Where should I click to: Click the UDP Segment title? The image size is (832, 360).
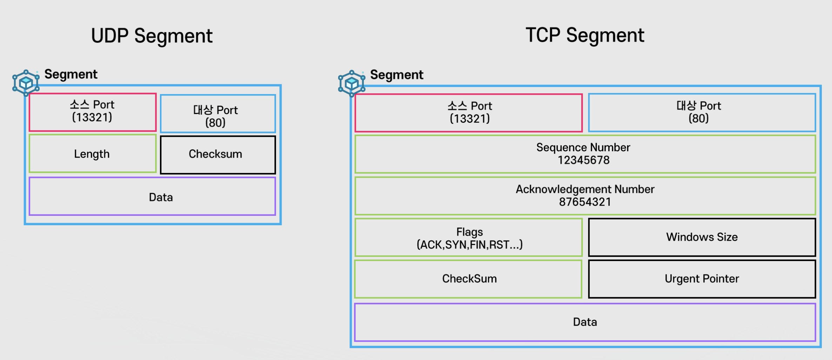pos(152,36)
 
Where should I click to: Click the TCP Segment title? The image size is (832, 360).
pos(585,35)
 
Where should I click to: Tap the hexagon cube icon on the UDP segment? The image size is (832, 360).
pos(26,83)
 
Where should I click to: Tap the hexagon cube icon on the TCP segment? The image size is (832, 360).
pos(351,84)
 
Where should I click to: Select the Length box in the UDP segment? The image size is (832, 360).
pos(93,154)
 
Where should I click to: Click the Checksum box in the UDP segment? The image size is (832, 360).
pos(218,155)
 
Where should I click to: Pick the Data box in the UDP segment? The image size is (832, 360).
pos(152,196)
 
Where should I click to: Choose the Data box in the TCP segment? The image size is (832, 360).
pos(585,322)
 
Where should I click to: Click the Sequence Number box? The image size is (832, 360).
pos(585,154)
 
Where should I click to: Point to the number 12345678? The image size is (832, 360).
pos(584,160)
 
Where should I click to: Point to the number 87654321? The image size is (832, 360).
pos(585,202)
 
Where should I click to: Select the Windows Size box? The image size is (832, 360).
pos(702,238)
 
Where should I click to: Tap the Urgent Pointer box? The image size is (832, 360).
pos(702,279)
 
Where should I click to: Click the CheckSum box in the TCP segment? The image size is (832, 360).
pos(468,279)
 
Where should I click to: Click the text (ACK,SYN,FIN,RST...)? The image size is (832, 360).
pos(470,245)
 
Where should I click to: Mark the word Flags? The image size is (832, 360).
pos(470,232)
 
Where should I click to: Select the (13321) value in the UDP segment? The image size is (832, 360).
pos(92,117)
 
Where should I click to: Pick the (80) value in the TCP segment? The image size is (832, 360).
pos(699,118)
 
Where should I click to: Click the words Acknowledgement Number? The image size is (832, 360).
pos(585,189)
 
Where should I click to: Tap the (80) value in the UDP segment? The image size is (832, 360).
pos(215,123)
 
